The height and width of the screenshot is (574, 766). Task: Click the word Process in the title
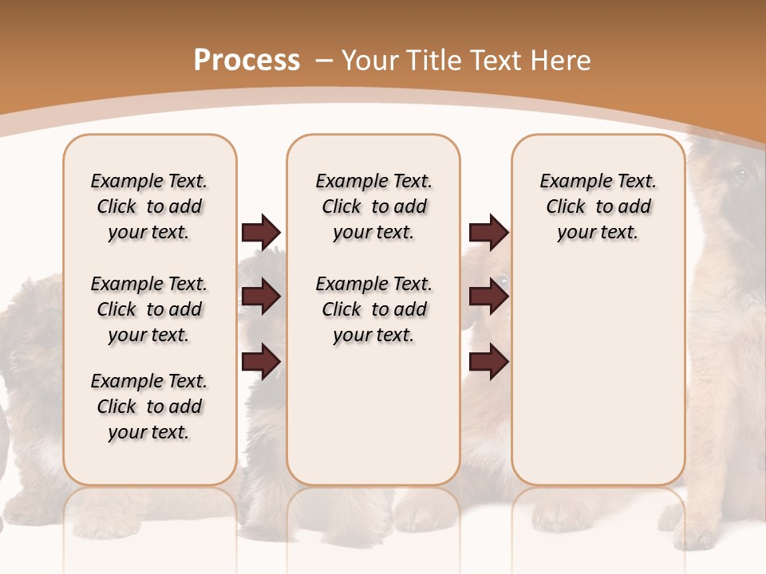point(247,61)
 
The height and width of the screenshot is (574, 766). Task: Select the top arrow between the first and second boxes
point(261,233)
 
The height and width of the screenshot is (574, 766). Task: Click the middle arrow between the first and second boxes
point(261,297)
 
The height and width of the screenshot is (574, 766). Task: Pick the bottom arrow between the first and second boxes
point(261,361)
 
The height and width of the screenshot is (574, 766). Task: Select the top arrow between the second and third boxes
point(488,233)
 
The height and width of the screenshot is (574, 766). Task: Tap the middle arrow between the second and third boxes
point(488,297)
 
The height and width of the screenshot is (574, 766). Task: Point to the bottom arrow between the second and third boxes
point(488,361)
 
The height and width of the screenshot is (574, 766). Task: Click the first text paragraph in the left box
point(149,206)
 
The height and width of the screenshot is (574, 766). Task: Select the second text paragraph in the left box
point(149,309)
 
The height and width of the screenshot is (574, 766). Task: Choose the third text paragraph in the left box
point(149,407)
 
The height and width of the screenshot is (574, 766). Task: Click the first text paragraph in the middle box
point(374,206)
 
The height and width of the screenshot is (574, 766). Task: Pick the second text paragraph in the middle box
point(374,309)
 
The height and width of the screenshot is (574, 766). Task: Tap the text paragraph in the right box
point(598,206)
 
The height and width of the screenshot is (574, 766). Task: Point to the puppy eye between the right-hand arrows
point(502,281)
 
